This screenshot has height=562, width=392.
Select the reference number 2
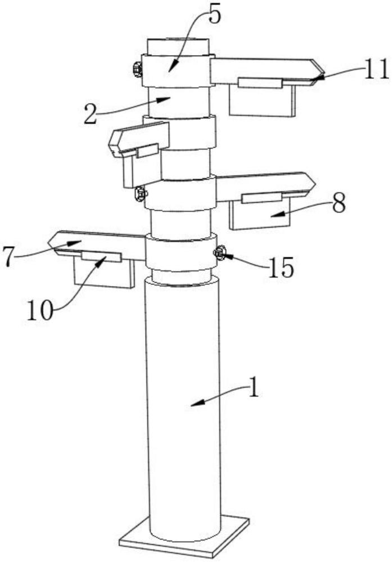91,114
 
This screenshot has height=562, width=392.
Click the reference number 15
281,267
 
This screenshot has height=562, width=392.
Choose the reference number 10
40,310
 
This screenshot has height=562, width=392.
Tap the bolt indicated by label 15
219,252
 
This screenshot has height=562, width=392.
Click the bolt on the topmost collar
137,69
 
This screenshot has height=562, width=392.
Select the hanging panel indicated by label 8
259,214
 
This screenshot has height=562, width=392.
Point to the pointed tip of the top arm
324,75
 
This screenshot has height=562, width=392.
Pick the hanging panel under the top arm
262,100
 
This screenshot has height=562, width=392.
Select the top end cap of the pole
178,46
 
